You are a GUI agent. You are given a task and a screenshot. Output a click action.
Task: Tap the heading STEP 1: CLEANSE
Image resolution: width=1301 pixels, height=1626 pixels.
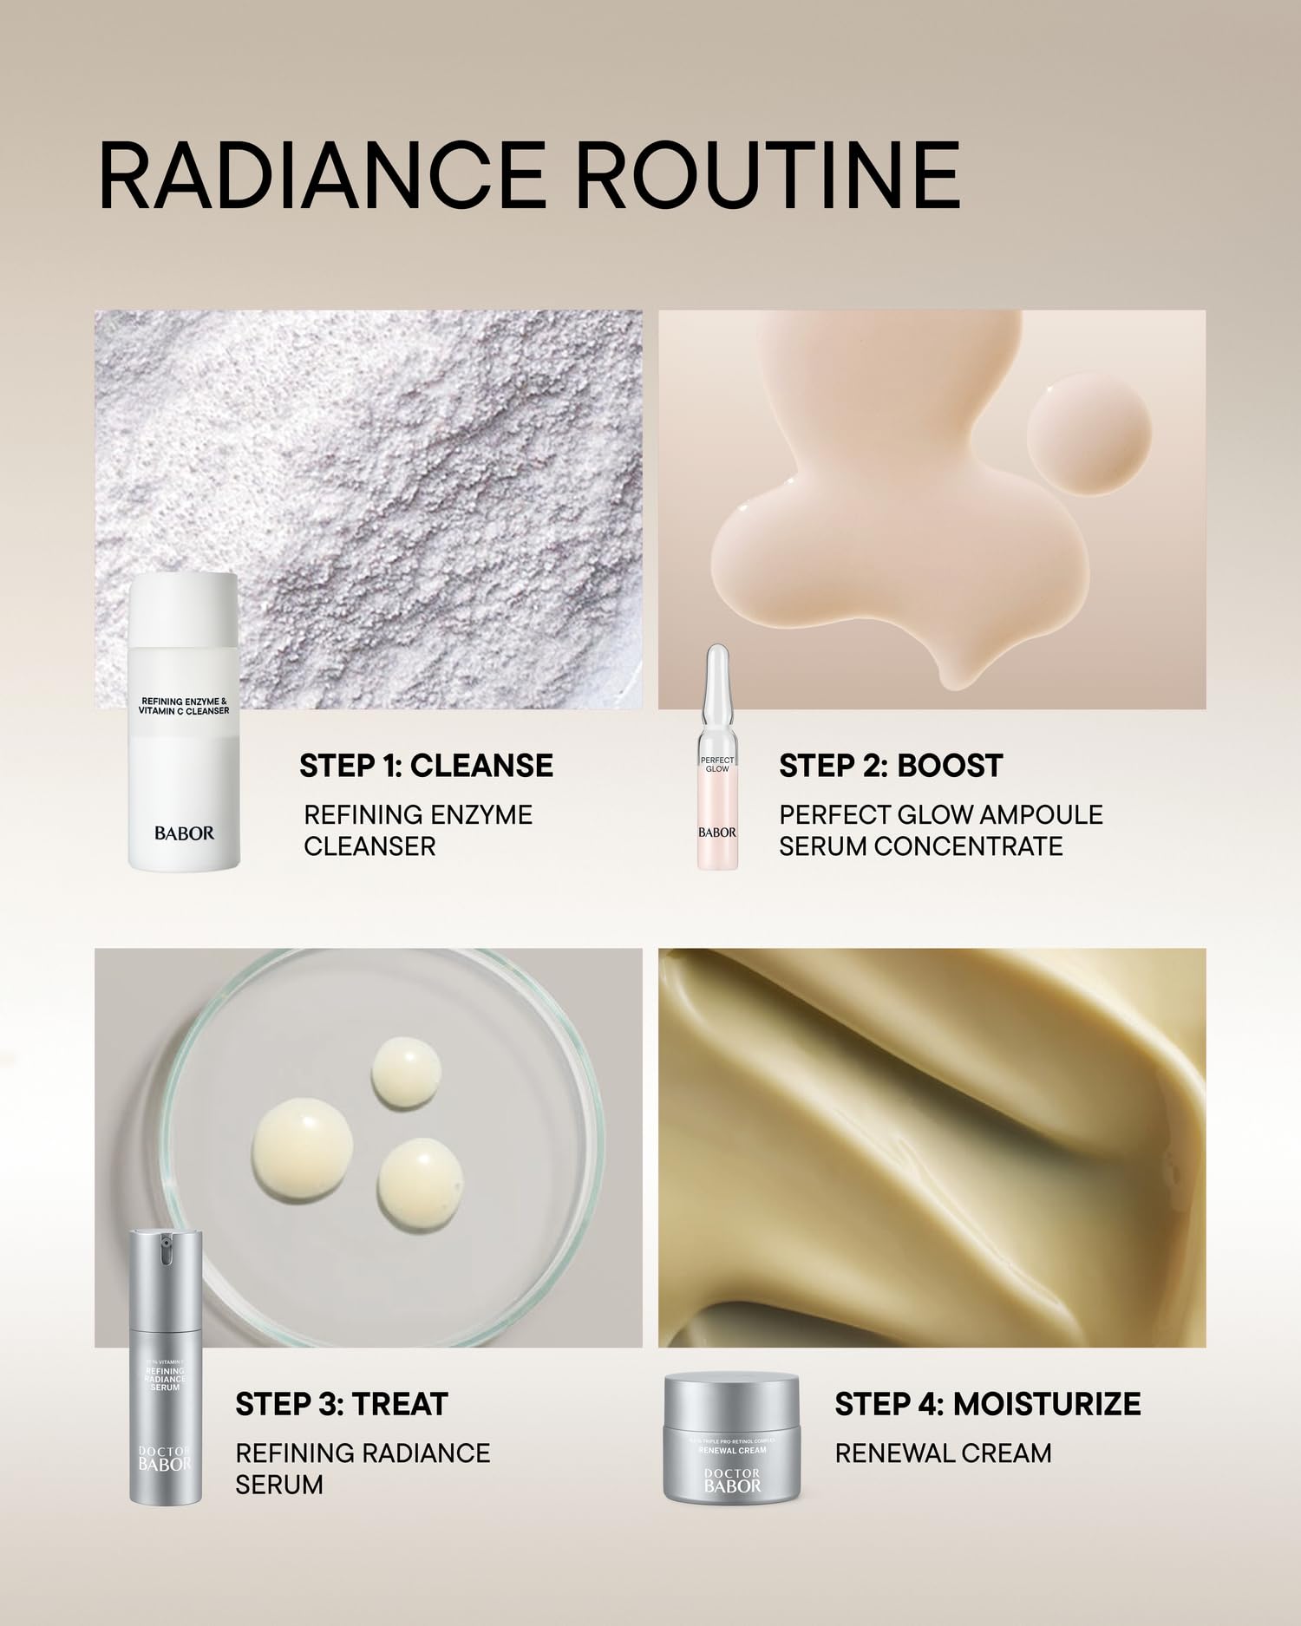coord(426,766)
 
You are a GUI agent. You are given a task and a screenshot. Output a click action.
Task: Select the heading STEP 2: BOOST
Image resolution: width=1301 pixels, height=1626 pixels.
coord(890,766)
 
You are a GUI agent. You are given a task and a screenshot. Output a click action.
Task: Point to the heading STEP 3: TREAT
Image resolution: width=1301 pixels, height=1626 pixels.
coord(341,1404)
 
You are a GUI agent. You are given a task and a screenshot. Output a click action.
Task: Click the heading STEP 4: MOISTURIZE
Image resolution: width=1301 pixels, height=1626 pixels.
coord(987,1404)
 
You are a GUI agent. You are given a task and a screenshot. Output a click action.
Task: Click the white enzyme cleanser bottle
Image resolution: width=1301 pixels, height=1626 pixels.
coord(184,720)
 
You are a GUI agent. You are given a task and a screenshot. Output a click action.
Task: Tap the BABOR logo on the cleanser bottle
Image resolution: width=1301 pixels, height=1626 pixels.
coord(184,833)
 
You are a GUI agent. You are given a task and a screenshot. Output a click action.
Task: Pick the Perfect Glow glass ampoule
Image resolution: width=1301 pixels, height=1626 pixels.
coord(717,759)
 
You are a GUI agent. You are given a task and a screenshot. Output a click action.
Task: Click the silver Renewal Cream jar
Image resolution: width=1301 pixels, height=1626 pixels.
coord(732,1437)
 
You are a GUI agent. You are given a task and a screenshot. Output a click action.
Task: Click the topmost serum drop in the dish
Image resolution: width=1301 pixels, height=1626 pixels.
coord(406,1073)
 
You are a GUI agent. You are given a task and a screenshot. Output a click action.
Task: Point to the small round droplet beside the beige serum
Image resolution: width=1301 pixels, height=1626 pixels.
coord(1089,434)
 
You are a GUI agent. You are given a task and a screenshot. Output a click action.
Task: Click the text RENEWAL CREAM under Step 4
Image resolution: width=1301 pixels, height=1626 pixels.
coord(943,1453)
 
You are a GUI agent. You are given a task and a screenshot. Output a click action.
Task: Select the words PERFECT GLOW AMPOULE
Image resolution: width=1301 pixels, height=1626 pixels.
coord(940,815)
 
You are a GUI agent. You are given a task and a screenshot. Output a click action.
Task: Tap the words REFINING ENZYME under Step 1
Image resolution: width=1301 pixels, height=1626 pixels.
coord(418,815)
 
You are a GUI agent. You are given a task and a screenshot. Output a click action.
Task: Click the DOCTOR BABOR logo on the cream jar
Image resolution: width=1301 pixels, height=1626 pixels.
coord(732,1480)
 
